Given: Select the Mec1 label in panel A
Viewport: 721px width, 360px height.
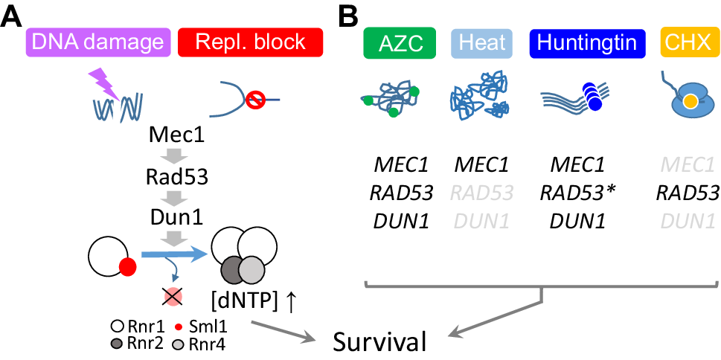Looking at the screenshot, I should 177,138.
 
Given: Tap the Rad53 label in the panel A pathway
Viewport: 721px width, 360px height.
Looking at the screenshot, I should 177,179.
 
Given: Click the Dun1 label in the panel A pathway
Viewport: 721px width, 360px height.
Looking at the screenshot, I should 177,219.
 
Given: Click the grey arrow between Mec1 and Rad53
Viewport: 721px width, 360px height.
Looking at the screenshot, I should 177,158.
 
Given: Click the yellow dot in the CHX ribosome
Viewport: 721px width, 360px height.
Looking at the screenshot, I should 690,100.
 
